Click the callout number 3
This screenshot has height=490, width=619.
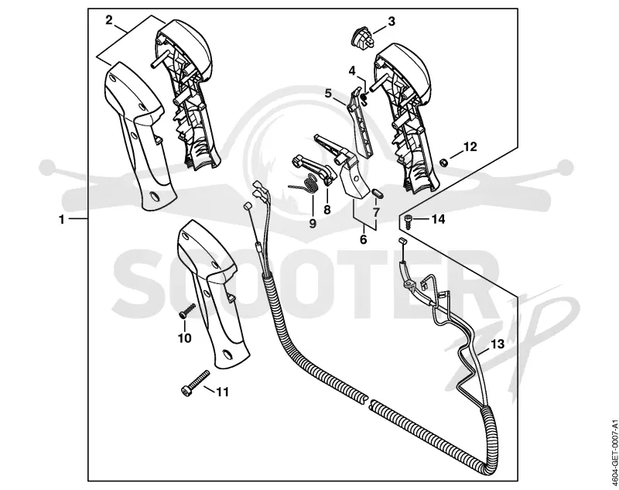[x=392, y=22]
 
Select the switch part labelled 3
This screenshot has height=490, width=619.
[x=362, y=39]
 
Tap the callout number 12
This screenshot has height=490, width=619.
[x=470, y=147]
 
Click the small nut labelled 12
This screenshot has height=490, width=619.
[x=443, y=162]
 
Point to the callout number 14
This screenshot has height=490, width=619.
[x=438, y=219]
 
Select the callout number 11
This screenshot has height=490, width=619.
[x=222, y=392]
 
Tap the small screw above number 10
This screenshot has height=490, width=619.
[x=186, y=310]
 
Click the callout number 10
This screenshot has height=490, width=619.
[x=184, y=338]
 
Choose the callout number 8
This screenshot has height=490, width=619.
[x=327, y=209]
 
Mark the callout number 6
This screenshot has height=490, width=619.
[x=363, y=239]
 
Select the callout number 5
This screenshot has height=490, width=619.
[x=328, y=93]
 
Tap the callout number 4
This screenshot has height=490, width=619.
[x=352, y=71]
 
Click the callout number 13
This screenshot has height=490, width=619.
[x=498, y=344]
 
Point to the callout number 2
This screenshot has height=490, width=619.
[x=109, y=20]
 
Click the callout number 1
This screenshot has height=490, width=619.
[x=62, y=219]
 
